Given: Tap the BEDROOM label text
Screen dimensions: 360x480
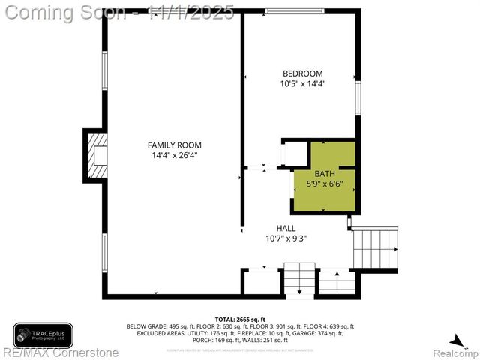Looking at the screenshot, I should (302, 73).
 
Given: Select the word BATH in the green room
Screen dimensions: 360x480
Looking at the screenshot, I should (325, 174).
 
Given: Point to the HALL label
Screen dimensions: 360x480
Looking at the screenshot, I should (286, 228).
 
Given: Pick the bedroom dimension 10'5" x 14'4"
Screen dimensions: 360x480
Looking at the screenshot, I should (302, 84).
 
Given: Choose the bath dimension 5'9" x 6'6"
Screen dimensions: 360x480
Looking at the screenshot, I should (325, 184).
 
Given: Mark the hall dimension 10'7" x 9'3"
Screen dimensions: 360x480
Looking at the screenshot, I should (286, 238).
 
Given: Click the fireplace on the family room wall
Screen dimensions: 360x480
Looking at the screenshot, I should (95, 154).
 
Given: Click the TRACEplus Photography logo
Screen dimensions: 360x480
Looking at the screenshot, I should (43, 334).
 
